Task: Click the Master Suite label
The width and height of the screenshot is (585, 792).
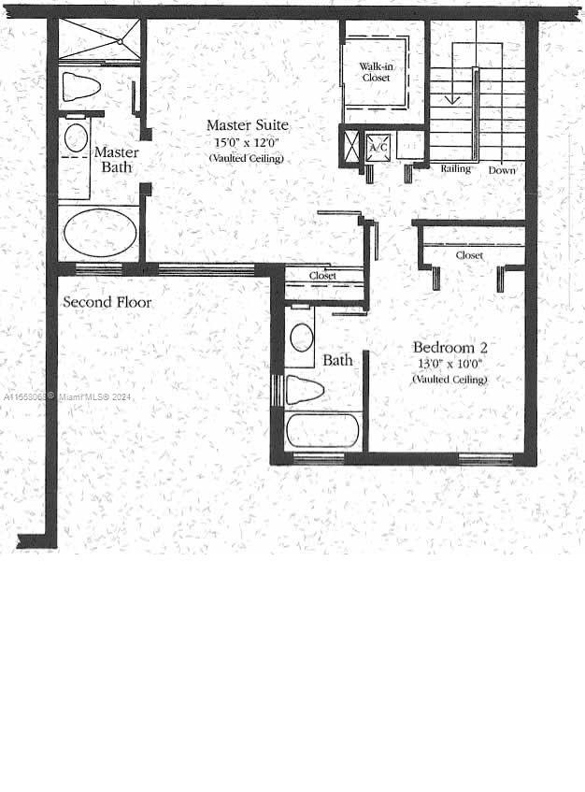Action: pyautogui.click(x=247, y=125)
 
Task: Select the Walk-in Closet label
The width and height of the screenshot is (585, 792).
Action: pyautogui.click(x=376, y=72)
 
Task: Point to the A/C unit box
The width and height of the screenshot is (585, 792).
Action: pyautogui.click(x=378, y=148)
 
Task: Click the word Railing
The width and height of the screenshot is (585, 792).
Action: pyautogui.click(x=456, y=169)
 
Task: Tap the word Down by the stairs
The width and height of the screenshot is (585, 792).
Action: pyautogui.click(x=502, y=170)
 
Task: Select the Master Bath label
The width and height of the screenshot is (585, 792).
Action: pyautogui.click(x=117, y=160)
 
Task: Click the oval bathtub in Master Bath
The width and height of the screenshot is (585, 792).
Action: pyautogui.click(x=100, y=232)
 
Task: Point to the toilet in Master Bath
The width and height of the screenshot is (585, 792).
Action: pyautogui.click(x=80, y=88)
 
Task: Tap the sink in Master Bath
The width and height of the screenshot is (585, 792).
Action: pyautogui.click(x=76, y=139)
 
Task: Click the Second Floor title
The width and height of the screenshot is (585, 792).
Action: pyautogui.click(x=107, y=302)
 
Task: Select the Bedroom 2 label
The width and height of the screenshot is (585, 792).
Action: pyautogui.click(x=449, y=348)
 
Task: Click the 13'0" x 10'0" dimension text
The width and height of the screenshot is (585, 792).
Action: pyautogui.click(x=449, y=364)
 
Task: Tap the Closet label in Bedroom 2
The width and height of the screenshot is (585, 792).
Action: pyautogui.click(x=469, y=255)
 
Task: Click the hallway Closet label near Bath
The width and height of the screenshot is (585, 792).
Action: pyautogui.click(x=323, y=276)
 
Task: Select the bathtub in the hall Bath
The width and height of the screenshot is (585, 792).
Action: pyautogui.click(x=322, y=431)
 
